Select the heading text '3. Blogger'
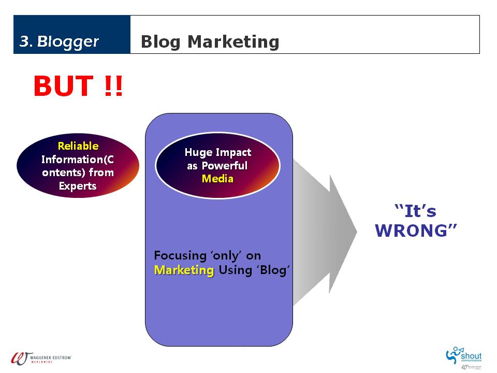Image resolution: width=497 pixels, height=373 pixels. coord(59,41)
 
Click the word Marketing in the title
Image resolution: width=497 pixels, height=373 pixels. coord(233,42)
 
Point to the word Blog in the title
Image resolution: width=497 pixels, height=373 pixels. coord(160,42)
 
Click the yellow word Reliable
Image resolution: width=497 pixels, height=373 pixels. coord(78,146)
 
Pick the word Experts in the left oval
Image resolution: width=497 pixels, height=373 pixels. coord(78,186)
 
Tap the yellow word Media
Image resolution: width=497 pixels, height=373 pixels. coord(217,179)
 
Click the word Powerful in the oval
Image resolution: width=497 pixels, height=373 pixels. coord(224,166)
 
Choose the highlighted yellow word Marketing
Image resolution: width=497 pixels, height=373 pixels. coord(184,270)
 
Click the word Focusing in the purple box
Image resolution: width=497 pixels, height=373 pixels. coord(180,255)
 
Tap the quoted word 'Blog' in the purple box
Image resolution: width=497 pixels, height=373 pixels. coord(273,270)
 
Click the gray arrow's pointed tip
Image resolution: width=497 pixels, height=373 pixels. coord(357,232)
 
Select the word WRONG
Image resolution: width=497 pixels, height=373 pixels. coord(416,231)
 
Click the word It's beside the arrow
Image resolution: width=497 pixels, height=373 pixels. coord(415,211)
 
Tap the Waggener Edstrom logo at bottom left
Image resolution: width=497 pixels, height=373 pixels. coord(41,358)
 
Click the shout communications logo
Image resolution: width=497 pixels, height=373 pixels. coord(464,356)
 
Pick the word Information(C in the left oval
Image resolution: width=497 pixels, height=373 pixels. coord(78,159)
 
